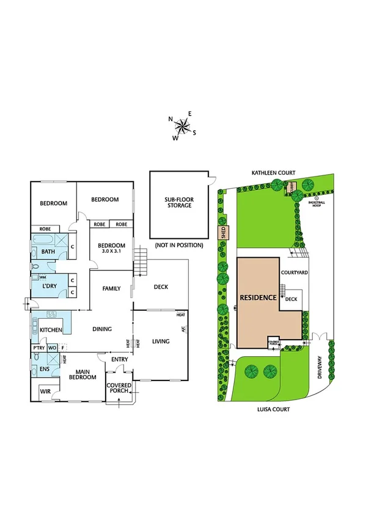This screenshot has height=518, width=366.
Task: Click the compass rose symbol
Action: click(x=183, y=126)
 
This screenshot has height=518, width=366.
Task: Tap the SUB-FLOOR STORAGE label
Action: click(x=177, y=202)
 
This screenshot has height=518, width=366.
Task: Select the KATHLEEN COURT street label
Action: click(x=278, y=173)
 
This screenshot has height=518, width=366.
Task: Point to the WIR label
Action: click(x=45, y=390)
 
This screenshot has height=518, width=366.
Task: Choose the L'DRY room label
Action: click(x=49, y=286)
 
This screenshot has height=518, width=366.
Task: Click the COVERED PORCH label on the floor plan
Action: click(x=119, y=389)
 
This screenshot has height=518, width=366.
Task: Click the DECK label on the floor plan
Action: click(x=161, y=288)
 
